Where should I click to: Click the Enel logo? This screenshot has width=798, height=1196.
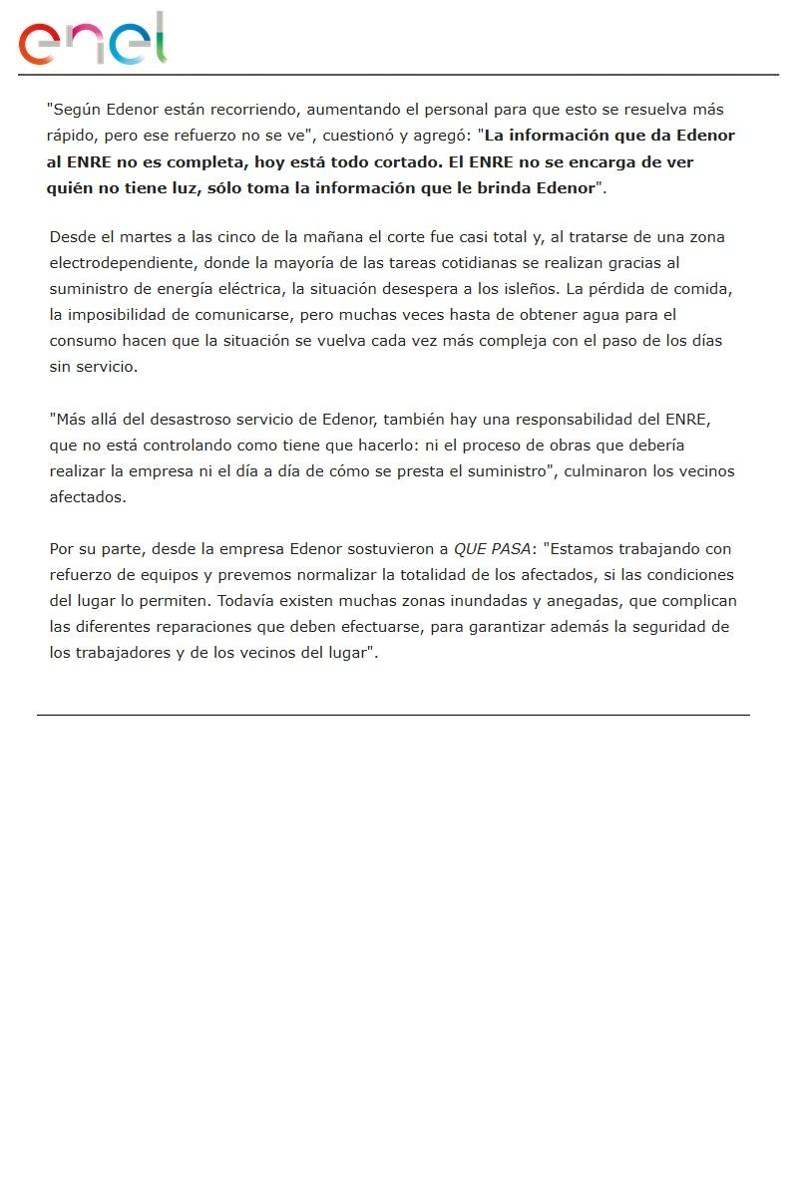[x=92, y=41]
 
